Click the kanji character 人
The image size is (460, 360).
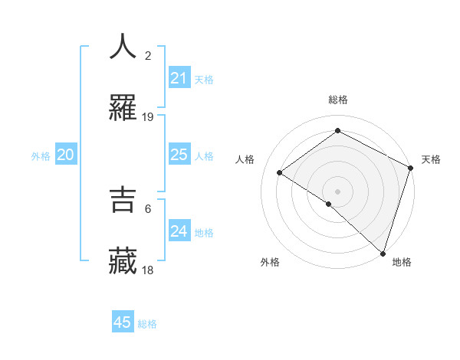tap(123, 47)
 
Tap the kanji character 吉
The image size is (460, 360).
tap(123, 199)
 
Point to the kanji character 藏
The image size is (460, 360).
tap(123, 261)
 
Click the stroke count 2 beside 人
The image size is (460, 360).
tap(148, 56)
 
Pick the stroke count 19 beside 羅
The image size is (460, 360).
tap(148, 117)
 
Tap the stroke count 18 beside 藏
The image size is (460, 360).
tap(148, 270)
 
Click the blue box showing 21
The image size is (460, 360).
tap(179, 78)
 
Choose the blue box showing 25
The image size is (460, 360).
tap(179, 155)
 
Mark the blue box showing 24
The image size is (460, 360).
tap(179, 231)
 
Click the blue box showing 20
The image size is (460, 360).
tap(65, 155)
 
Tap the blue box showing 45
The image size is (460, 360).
tap(123, 322)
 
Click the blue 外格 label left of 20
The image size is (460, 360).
tap(41, 156)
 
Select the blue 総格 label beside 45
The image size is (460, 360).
tap(147, 324)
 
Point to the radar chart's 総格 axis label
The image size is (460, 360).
tap(337, 100)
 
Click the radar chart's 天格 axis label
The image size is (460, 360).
tap(431, 159)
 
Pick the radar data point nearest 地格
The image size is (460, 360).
tap(383, 253)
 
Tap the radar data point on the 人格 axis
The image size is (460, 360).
tap(280, 172)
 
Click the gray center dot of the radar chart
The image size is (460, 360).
tap(337, 191)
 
